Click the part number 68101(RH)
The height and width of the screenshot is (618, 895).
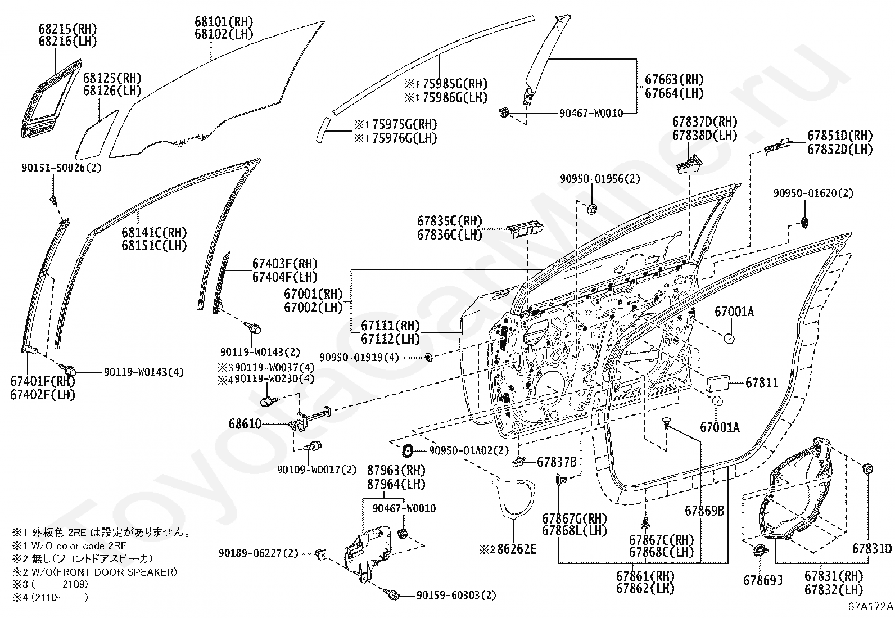(224, 21)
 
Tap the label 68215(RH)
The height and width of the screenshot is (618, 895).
(68, 29)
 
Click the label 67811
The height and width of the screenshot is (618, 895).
(762, 382)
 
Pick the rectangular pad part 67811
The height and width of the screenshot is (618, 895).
(717, 382)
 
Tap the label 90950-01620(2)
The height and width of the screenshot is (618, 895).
(813, 193)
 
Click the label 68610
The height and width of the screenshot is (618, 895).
(245, 423)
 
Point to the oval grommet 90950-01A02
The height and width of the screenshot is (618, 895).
(408, 450)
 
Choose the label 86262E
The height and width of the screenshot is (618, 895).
(517, 549)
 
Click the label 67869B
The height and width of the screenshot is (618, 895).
(704, 511)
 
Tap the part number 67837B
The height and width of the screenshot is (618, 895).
(557, 462)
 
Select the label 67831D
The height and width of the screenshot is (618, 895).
(872, 549)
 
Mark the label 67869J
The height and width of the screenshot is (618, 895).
(763, 580)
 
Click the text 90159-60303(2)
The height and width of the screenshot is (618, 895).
(456, 595)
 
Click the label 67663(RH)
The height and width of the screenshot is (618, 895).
(675, 80)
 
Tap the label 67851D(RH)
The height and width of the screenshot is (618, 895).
(840, 136)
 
